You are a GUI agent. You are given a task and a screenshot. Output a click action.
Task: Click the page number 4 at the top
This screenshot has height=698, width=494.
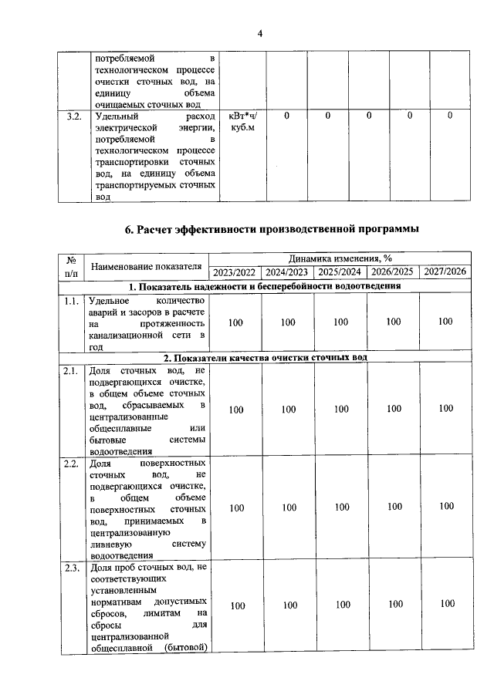(260, 33)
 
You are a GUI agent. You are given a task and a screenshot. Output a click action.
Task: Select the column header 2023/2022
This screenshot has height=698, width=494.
(235, 272)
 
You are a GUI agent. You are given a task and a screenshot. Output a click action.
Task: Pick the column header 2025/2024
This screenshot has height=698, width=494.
(340, 272)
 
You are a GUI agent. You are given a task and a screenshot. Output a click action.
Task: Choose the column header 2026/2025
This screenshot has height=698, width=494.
(392, 272)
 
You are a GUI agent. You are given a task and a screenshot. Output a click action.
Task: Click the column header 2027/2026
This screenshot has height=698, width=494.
(445, 272)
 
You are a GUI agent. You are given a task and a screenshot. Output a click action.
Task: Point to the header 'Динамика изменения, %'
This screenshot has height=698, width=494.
(340, 259)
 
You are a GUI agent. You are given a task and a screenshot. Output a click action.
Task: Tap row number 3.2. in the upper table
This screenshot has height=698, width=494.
(73, 116)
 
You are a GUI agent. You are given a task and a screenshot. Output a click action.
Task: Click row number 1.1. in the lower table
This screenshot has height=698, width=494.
(72, 300)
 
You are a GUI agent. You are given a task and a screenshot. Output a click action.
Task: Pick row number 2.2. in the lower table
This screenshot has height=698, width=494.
(72, 464)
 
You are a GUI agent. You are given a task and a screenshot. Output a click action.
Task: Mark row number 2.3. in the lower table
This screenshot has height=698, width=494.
(72, 569)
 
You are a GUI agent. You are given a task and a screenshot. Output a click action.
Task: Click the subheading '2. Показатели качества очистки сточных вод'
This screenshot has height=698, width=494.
(266, 358)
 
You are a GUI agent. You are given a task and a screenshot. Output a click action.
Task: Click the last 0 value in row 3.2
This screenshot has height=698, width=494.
(450, 116)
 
